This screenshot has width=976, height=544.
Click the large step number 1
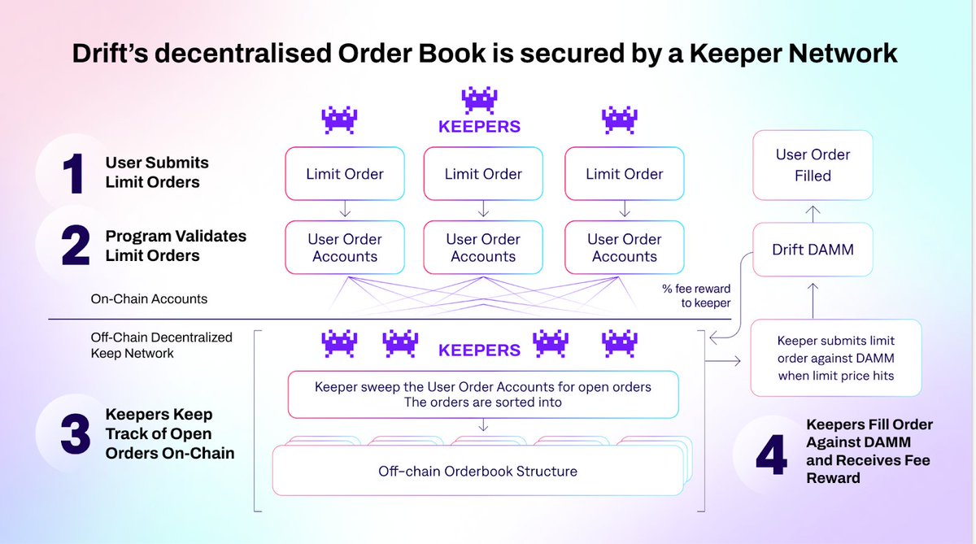coord(74,172)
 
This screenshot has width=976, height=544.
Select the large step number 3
coord(74,433)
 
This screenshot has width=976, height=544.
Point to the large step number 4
coord(770,455)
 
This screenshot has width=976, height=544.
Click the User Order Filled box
coord(813,164)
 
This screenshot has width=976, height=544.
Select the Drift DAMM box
coord(813,250)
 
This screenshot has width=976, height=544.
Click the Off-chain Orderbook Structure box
coord(478,471)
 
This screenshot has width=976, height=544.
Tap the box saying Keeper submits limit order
coord(835,359)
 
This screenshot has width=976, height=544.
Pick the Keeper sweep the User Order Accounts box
coord(483,395)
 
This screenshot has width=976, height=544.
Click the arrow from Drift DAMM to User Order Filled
coord(813,213)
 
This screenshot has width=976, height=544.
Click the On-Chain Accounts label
coord(149,298)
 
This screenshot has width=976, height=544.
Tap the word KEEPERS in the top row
coord(479,127)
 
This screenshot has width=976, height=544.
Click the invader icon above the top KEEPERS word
coord(479,100)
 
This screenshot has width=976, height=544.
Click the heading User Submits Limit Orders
coord(152,172)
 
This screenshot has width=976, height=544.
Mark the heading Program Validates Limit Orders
coord(176,246)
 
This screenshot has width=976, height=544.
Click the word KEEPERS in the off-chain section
coord(479,350)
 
